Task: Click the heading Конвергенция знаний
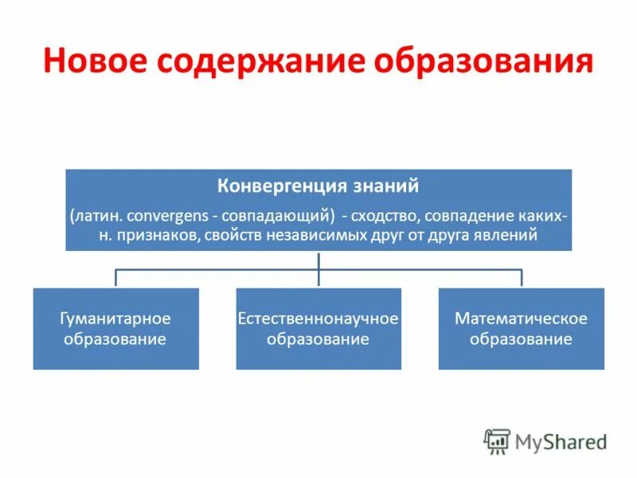[318, 186]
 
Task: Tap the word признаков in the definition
[159, 235]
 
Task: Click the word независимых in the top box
[319, 235]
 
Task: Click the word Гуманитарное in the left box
[115, 319]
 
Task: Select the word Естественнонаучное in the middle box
[318, 319]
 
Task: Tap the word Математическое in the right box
[521, 319]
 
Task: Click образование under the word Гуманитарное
[115, 339]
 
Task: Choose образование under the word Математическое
[521, 339]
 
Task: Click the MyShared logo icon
[497, 441]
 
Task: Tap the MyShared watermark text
[561, 441]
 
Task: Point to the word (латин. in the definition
[96, 216]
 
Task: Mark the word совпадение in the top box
[462, 216]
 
